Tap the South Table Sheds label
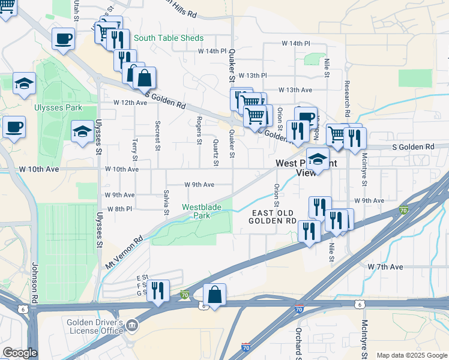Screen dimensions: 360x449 [169, 38]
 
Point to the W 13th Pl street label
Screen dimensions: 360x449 [252, 76]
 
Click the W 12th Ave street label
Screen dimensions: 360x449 [130, 103]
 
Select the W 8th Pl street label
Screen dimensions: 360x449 [119, 209]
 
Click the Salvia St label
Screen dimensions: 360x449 [166, 202]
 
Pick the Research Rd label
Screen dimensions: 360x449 [346, 99]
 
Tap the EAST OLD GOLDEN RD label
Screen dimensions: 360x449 [273, 217]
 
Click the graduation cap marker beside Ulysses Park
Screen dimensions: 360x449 [82, 131]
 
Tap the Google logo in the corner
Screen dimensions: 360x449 [20, 353]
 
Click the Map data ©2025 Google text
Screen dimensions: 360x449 [412, 355]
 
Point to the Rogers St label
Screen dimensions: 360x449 [199, 130]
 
